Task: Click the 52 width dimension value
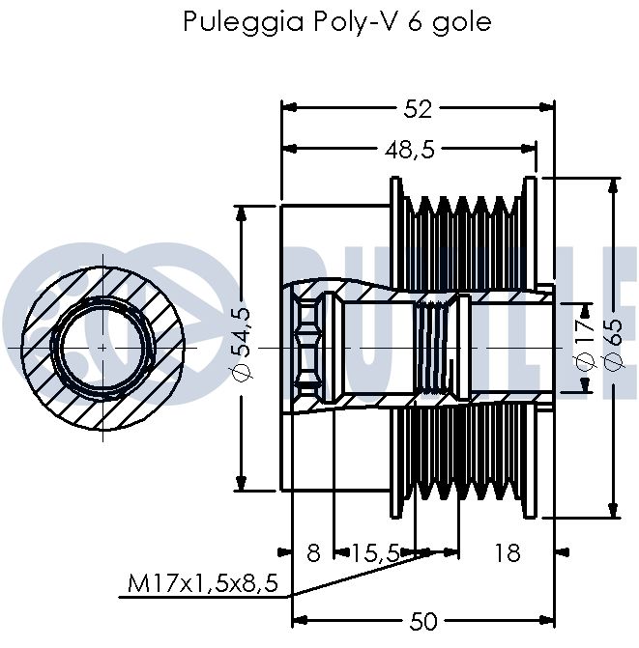tap(418, 109)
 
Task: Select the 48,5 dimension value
tap(410, 150)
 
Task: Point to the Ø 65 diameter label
tap(613, 344)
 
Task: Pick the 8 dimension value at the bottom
tap(313, 552)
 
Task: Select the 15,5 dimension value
tap(375, 552)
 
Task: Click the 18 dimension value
tap(508, 552)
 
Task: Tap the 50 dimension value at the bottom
tap(423, 621)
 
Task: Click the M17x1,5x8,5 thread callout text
tap(203, 583)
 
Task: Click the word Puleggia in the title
tap(244, 22)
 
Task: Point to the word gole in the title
tap(462, 22)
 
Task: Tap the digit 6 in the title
tap(415, 21)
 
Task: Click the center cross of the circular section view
tap(102, 348)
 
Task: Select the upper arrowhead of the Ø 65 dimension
tap(614, 185)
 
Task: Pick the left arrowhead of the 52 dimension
tap(289, 108)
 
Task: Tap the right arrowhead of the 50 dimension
tap(547, 620)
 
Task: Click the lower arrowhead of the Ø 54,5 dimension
tap(241, 483)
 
